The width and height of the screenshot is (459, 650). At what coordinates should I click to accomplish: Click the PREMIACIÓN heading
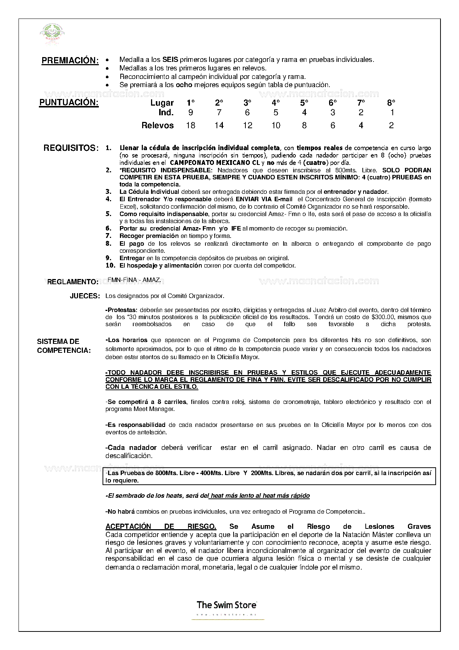pyautogui.click(x=70, y=60)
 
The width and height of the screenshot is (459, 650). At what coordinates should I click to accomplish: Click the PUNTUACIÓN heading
pyautogui.click(x=69, y=103)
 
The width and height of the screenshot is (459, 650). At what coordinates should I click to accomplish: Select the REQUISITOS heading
pyautogui.click(x=71, y=148)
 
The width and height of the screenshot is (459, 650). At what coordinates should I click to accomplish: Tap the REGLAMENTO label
pyautogui.click(x=73, y=282)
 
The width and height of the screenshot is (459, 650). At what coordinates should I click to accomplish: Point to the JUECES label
pyautogui.click(x=85, y=296)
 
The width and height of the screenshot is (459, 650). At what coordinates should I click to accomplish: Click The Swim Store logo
pyautogui.click(x=227, y=605)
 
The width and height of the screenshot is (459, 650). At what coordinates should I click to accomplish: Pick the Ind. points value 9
pyautogui.click(x=191, y=113)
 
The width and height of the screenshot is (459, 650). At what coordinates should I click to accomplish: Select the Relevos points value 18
pyautogui.click(x=191, y=126)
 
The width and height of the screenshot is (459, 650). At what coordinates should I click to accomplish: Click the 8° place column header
pyautogui.click(x=391, y=103)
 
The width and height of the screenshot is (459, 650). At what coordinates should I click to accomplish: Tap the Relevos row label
pyautogui.click(x=157, y=126)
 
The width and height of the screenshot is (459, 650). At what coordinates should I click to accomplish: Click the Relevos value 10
pyautogui.click(x=276, y=126)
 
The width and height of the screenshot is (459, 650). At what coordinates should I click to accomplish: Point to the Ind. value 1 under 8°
pyautogui.click(x=392, y=113)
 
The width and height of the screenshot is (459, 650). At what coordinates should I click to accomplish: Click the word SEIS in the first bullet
pyautogui.click(x=170, y=60)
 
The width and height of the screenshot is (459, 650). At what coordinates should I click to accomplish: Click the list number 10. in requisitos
pyautogui.click(x=110, y=266)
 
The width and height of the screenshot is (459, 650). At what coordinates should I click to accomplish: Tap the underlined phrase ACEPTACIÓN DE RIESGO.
pyautogui.click(x=161, y=527)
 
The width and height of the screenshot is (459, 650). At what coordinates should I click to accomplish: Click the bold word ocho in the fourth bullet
pyautogui.click(x=184, y=85)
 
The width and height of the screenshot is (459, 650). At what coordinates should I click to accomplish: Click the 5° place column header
pyautogui.click(x=304, y=103)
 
